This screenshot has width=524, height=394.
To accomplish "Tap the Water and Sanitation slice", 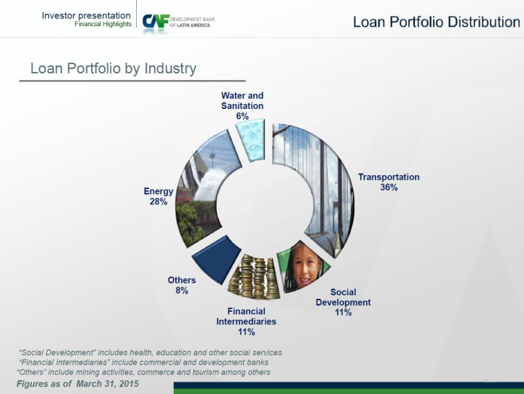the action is click(x=251, y=140).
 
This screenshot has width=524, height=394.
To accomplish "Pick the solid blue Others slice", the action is click(x=215, y=260).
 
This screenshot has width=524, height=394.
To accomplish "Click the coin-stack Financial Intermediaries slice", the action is click(x=255, y=276).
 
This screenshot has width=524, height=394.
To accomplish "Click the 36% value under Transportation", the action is click(x=389, y=188).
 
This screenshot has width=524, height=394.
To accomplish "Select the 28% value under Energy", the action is click(x=159, y=201).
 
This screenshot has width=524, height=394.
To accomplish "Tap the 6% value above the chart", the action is click(x=242, y=116).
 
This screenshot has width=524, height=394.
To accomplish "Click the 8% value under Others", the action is click(x=182, y=291).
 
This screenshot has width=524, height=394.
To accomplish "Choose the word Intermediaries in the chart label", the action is click(x=246, y=321).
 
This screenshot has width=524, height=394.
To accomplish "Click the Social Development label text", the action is click(x=344, y=297).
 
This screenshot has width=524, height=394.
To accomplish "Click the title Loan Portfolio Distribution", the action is click(x=437, y=22).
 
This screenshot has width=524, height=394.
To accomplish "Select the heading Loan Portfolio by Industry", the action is click(x=114, y=68).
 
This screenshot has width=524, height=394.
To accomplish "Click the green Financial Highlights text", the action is click(x=103, y=24).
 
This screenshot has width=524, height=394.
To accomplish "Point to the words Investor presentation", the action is click(x=86, y=15).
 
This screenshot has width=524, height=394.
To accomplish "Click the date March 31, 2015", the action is click(x=107, y=384).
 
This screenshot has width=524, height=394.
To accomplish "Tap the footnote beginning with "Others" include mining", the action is click(x=143, y=372).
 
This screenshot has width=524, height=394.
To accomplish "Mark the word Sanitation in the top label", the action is click(x=242, y=106).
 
